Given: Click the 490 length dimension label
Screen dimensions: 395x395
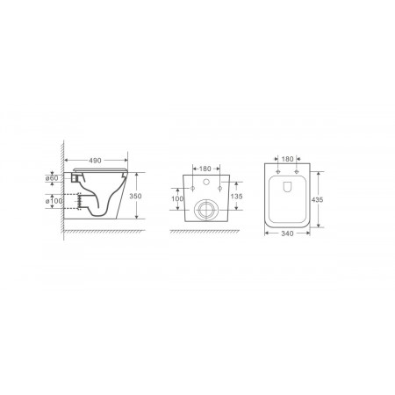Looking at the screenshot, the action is [95, 161].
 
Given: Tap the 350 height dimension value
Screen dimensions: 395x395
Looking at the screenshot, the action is [135, 196].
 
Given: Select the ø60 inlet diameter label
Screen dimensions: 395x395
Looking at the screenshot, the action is [52, 178].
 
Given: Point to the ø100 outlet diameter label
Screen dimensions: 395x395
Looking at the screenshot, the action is [54, 201].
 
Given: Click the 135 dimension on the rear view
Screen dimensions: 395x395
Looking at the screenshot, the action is [236, 197].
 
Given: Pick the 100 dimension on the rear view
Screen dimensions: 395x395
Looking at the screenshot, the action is [177, 198].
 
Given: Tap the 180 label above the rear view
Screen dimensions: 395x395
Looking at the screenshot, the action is [205, 169].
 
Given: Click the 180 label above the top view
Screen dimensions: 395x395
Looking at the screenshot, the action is [287, 159].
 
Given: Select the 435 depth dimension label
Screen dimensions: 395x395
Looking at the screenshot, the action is [317, 200].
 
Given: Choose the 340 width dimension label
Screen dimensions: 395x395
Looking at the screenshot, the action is [287, 233].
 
